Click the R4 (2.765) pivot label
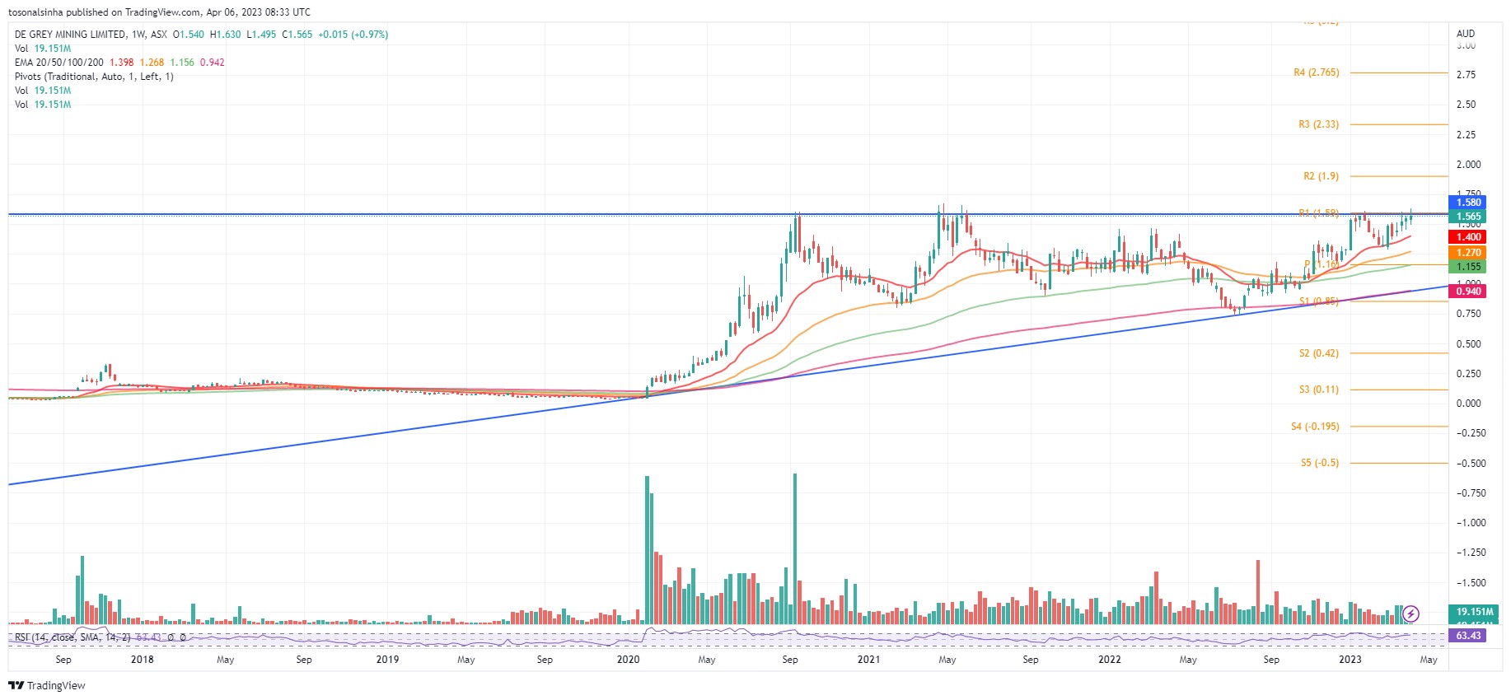coord(1316,72)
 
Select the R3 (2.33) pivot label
coord(1318,124)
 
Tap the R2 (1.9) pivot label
coord(1321,176)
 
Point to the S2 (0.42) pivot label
coord(1318,353)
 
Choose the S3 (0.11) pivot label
coord(1318,390)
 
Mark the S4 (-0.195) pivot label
coord(1315,427)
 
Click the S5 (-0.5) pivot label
coord(1319,463)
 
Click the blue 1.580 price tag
coord(1468,203)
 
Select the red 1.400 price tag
coord(1468,237)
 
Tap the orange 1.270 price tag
coord(1468,253)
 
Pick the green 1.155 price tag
coord(1468,267)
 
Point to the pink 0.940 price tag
coord(1468,292)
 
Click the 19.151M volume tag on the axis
coord(1474,612)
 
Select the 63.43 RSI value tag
coord(1468,636)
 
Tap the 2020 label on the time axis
coord(628,660)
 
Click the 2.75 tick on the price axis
coord(1466,75)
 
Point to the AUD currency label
coord(1466,34)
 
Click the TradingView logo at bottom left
coord(47,685)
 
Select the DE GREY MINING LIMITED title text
coord(71,35)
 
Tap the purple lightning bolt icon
coord(1410,614)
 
